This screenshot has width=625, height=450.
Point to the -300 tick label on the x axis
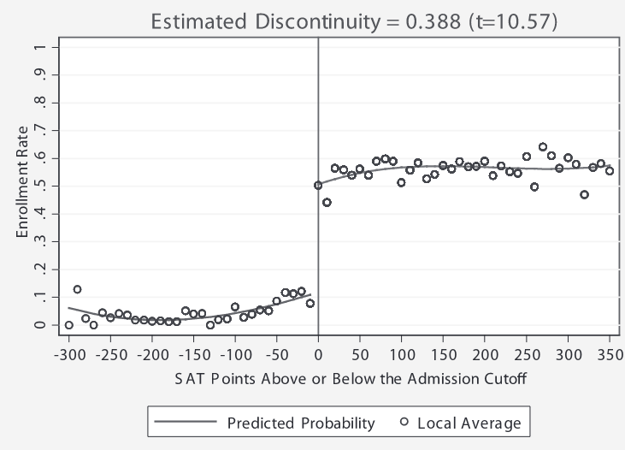pyautogui.click(x=68, y=354)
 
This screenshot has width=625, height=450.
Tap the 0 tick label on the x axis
pyautogui.click(x=318, y=354)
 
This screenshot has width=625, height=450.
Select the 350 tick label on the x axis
pyautogui.click(x=610, y=354)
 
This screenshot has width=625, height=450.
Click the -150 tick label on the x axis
pyautogui.click(x=193, y=354)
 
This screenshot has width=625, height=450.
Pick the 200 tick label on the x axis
pyautogui.click(x=485, y=354)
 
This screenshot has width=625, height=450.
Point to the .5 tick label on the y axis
pyautogui.click(x=37, y=185)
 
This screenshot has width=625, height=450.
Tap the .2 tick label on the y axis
pyautogui.click(x=37, y=269)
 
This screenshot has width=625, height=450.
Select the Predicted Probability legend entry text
pyautogui.click(x=300, y=422)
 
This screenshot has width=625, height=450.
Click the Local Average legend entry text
pyautogui.click(x=469, y=422)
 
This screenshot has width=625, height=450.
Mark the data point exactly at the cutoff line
pyautogui.click(x=318, y=185)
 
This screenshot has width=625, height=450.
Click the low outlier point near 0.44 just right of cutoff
pyautogui.click(x=327, y=203)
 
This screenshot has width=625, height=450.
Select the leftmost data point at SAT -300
pyautogui.click(x=68, y=325)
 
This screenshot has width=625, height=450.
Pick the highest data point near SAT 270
pyautogui.click(x=543, y=147)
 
